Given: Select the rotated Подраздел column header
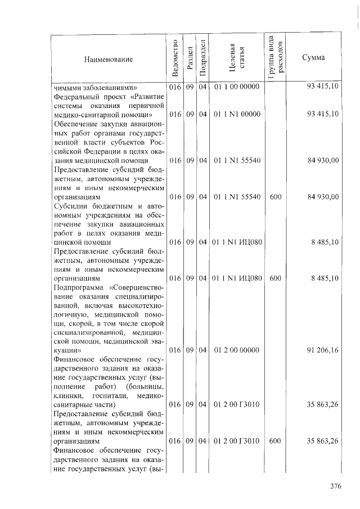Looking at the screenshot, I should [x=202, y=58].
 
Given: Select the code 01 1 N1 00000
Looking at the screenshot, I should [x=236, y=114].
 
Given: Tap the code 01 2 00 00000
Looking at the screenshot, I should [x=236, y=350].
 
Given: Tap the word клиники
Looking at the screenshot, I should [x=68, y=395].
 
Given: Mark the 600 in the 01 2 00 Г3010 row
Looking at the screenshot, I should [x=275, y=441].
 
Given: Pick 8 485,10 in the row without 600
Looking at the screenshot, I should [x=323, y=242].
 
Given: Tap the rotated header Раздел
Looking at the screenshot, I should [x=190, y=58].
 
